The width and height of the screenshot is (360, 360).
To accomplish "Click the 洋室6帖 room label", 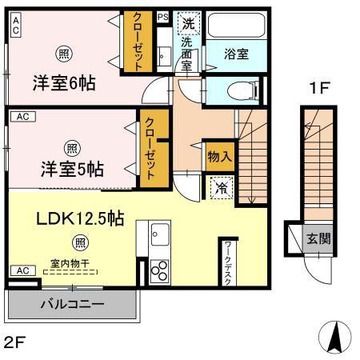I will (x=63, y=83).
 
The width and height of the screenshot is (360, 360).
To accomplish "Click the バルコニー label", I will (x=72, y=305).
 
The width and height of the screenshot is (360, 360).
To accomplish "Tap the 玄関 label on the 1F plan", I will (x=318, y=238).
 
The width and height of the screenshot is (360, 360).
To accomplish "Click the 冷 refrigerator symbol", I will (x=219, y=189).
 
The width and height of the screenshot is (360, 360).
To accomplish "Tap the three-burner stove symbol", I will (x=159, y=269).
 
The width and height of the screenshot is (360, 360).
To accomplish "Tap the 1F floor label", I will (x=318, y=90).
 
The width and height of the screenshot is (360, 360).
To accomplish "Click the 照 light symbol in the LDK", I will (x=80, y=242).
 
